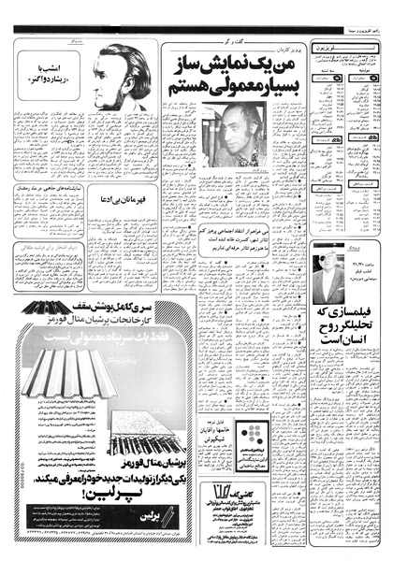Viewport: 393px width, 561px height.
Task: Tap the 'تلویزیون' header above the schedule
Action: [x=342, y=45]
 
